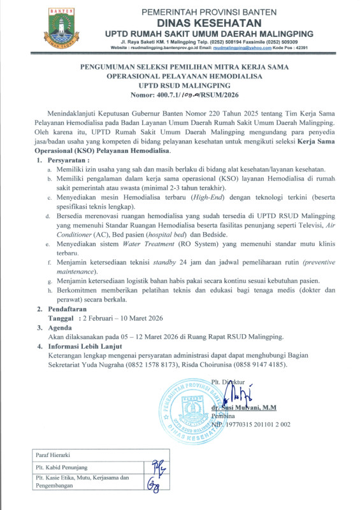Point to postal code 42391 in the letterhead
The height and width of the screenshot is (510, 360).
[302, 47]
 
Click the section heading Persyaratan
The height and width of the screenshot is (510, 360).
[73, 159]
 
